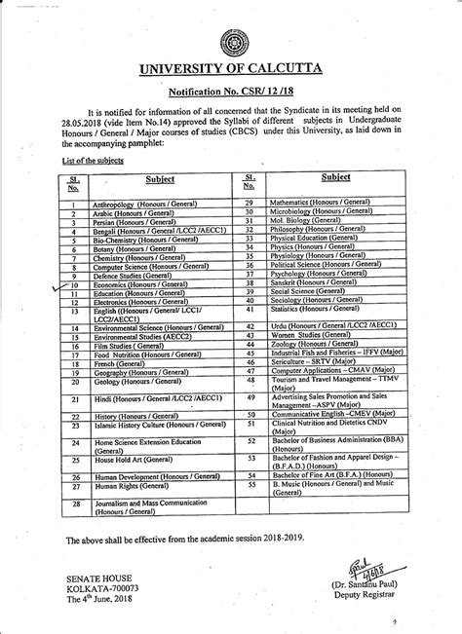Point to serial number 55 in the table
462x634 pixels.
[250, 483]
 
